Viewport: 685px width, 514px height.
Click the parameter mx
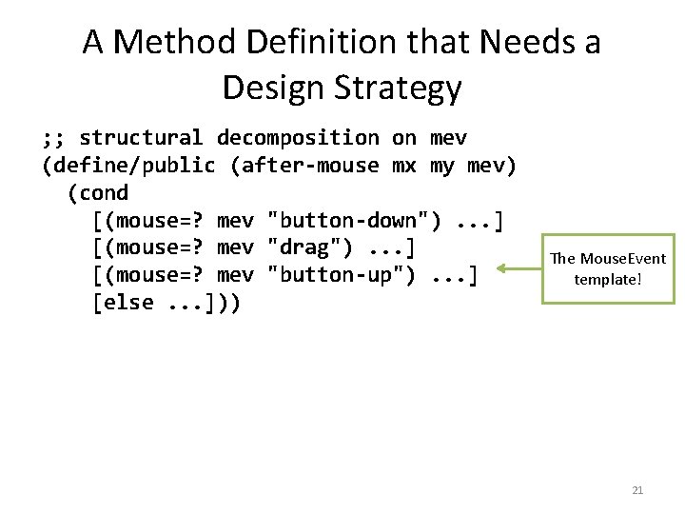[x=404, y=167]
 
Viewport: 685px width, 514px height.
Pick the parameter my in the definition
[x=442, y=167]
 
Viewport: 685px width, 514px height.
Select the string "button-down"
[x=354, y=222]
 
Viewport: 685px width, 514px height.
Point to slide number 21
[x=637, y=490]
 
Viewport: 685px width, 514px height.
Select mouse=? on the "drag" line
[x=151, y=249]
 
